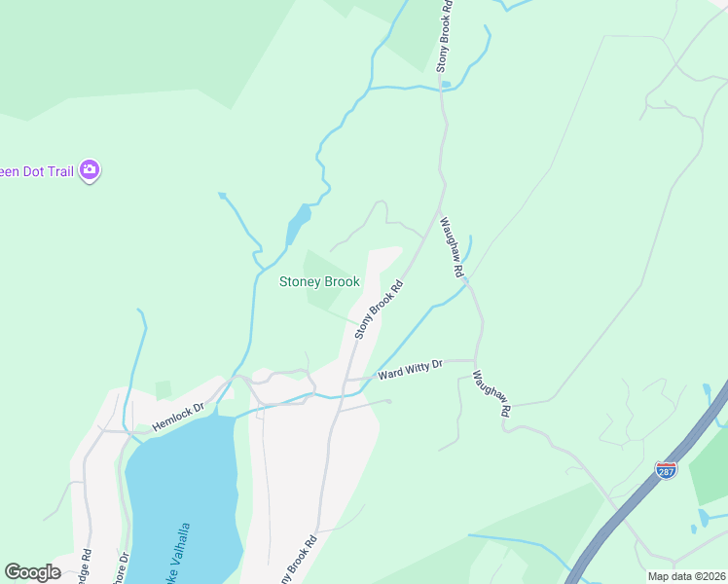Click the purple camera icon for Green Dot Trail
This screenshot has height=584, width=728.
[90, 170]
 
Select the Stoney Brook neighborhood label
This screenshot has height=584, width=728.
[319, 282]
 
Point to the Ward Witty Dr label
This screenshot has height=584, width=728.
[411, 369]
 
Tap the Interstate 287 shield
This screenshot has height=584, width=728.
[667, 471]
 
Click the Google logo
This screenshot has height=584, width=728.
[32, 572]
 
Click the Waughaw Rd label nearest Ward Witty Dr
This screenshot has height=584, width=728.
[491, 393]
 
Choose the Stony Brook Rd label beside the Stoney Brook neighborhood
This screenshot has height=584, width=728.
[379, 310]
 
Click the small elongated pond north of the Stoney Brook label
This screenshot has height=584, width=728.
[296, 227]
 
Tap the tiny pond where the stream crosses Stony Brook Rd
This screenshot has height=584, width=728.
[446, 85]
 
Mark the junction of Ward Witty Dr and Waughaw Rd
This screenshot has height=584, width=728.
[477, 360]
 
